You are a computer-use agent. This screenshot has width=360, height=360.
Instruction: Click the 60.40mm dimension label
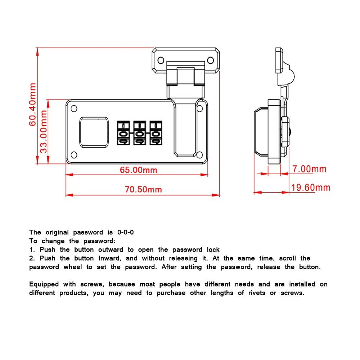pyautogui.click(x=33, y=104)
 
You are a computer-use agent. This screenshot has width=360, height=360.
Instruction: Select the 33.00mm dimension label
pyautogui.click(x=44, y=131)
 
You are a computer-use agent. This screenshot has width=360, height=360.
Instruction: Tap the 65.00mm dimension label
pyautogui.click(x=139, y=170)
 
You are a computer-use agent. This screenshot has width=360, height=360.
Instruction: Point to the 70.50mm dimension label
pyautogui.click(x=143, y=189)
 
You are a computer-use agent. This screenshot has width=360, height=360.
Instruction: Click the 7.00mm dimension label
pyautogui.click(x=309, y=169)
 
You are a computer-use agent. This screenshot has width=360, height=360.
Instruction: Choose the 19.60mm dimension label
pyautogui.click(x=311, y=188)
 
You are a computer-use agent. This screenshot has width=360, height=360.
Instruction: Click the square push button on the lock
pyautogui.click(x=93, y=132)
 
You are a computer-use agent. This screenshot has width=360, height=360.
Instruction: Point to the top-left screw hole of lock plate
pyautogui.click(x=74, y=108)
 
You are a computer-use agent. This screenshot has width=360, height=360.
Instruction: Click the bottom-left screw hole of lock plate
pyautogui.click(x=74, y=155)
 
